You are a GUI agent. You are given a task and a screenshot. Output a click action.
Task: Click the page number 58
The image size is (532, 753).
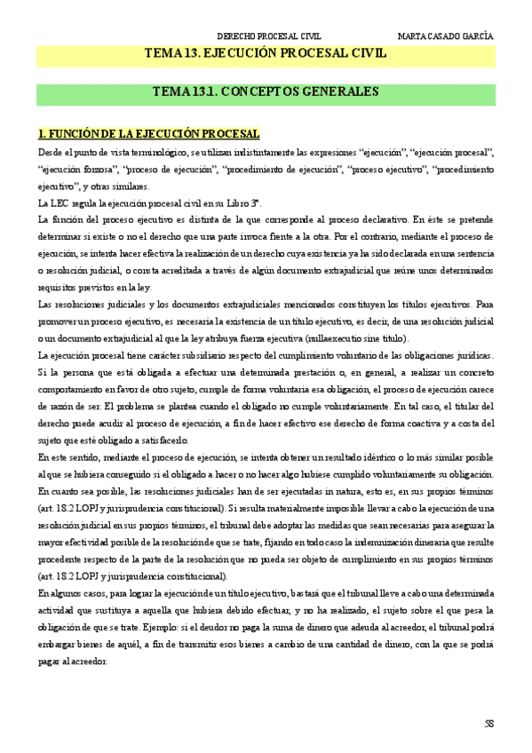tap(488, 724)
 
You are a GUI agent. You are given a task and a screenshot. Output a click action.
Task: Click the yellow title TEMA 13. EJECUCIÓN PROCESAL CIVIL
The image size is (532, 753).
tap(266, 54)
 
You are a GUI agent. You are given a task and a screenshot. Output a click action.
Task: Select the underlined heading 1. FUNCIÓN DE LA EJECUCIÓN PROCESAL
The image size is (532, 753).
tap(148, 134)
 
